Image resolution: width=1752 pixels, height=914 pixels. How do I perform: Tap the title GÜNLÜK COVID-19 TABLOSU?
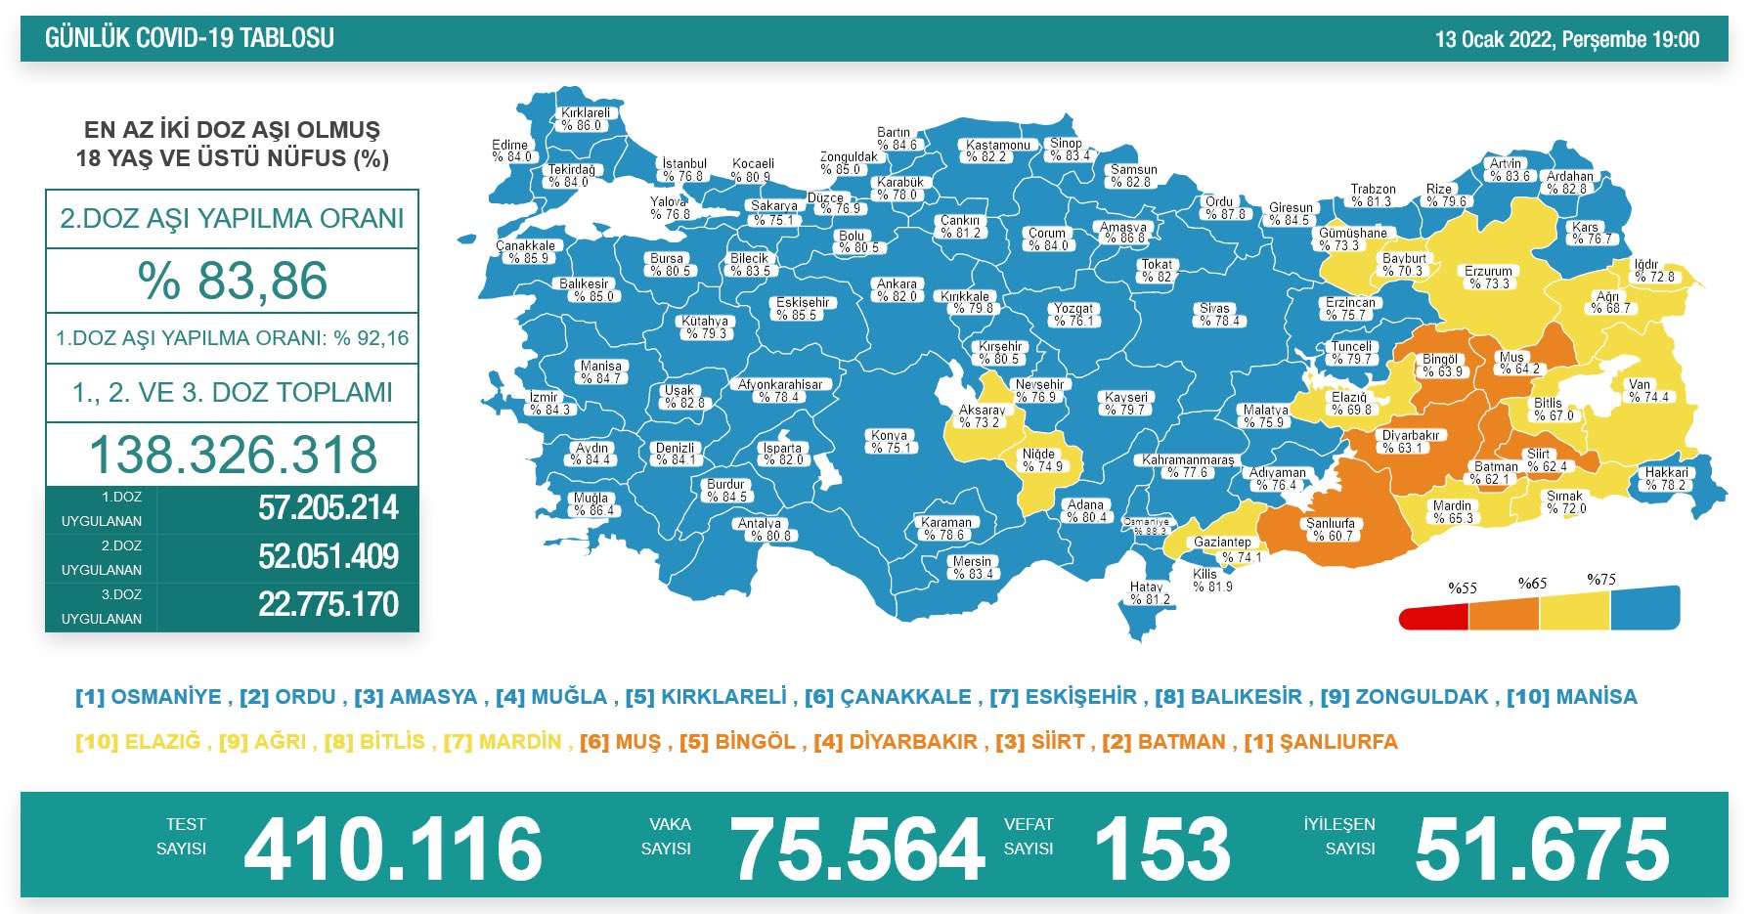190,38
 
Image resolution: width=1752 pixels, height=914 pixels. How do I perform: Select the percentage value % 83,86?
233,281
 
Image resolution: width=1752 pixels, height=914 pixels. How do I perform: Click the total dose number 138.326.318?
233,455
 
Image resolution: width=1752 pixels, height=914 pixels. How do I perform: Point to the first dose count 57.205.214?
328,508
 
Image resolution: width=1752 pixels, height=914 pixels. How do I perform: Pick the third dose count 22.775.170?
328,604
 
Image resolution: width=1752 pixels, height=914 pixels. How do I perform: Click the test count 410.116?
393,849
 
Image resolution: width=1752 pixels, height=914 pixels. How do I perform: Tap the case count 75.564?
856,849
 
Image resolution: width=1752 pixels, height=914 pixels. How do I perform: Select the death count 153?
1161,849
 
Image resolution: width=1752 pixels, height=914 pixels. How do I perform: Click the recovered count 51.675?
1542,849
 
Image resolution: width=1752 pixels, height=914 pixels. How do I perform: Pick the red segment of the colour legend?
1434,618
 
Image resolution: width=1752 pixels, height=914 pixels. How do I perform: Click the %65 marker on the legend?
1532,584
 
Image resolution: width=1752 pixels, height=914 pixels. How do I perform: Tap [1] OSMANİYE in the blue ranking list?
149,697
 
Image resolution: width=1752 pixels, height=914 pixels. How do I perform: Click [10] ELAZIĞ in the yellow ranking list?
138,742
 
